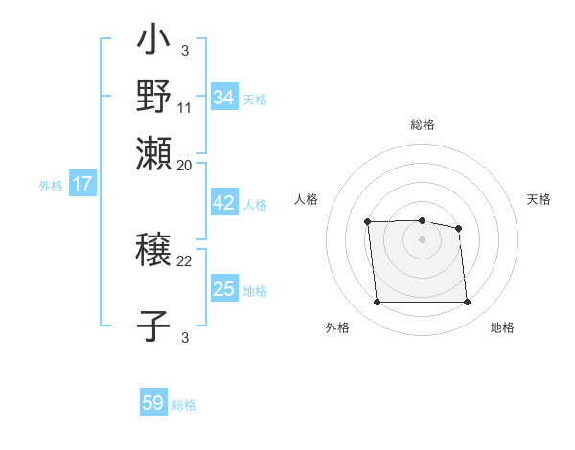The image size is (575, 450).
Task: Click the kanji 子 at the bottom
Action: click(x=154, y=324)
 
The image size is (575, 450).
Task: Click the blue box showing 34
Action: click(x=224, y=98)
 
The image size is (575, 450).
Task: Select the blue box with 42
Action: click(x=224, y=203)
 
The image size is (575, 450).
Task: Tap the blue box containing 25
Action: click(x=224, y=289)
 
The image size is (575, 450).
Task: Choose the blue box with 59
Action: click(x=153, y=403)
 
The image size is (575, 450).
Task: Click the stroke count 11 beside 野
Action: click(x=185, y=107)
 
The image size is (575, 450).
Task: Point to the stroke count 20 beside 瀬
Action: click(x=185, y=165)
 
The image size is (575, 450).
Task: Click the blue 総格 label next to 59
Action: click(x=184, y=405)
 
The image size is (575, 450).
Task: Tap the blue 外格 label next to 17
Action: click(x=51, y=186)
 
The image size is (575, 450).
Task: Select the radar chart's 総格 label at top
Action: click(x=422, y=125)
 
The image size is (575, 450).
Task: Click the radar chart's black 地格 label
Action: click(x=502, y=328)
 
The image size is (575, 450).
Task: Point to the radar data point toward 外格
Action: click(x=377, y=303)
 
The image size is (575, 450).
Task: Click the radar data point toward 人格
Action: click(x=368, y=222)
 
